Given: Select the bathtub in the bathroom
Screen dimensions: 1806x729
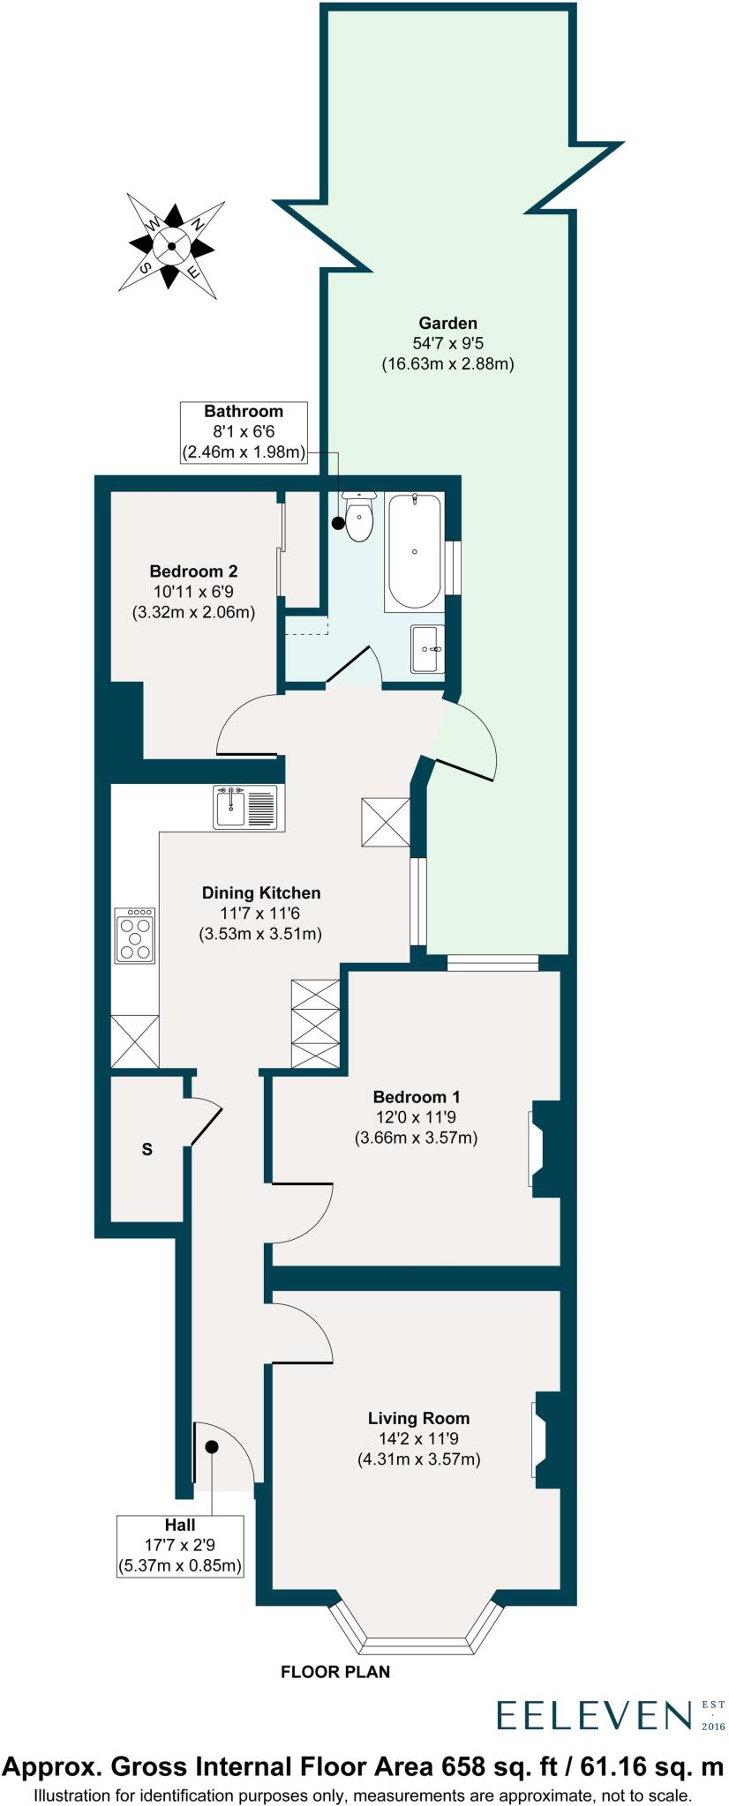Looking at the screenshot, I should [414, 552].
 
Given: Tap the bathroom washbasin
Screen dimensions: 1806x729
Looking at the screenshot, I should [427, 649].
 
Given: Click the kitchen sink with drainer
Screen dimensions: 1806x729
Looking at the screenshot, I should [246, 807].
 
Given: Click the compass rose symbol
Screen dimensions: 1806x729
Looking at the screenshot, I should [171, 246].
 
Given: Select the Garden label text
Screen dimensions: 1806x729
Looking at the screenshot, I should [447, 323].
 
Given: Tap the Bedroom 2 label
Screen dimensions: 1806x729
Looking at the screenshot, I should [193, 571].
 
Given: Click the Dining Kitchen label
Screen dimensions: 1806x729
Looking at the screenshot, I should [260, 892].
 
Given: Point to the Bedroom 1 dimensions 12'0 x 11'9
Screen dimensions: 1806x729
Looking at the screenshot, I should [416, 1117].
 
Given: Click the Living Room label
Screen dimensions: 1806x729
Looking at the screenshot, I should [418, 1418].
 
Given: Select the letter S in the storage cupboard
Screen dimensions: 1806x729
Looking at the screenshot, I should [147, 1150].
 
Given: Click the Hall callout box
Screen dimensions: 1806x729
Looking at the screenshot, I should [180, 1546].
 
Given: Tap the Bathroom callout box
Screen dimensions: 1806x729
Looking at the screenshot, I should [244, 432].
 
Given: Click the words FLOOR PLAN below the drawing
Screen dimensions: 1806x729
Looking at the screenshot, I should [335, 1671].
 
